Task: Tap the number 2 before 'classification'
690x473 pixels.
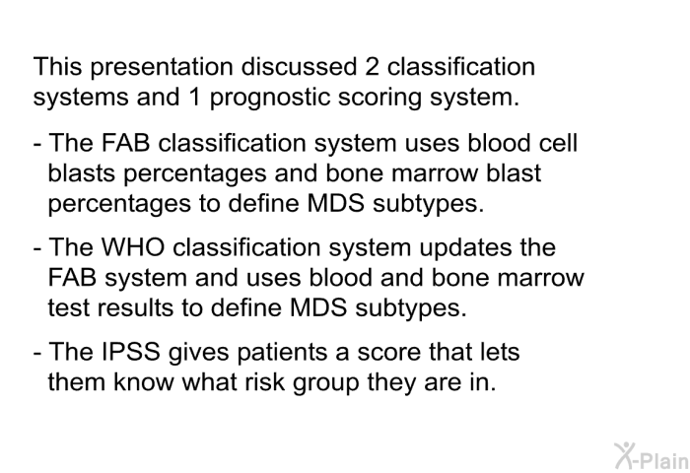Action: [372, 66]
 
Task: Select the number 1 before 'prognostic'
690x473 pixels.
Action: [194, 97]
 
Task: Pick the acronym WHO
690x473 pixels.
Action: [132, 247]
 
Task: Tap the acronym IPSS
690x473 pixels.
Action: [131, 352]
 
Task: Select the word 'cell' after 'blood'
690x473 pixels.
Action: [559, 143]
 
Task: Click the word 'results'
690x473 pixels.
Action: [135, 307]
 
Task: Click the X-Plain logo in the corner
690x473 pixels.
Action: [652, 455]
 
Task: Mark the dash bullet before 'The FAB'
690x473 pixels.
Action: [37, 144]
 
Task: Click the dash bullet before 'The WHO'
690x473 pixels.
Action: [37, 248]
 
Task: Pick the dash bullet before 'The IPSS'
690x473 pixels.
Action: [37, 353]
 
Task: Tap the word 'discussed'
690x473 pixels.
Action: [299, 66]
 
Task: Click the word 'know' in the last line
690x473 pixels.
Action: [144, 381]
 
